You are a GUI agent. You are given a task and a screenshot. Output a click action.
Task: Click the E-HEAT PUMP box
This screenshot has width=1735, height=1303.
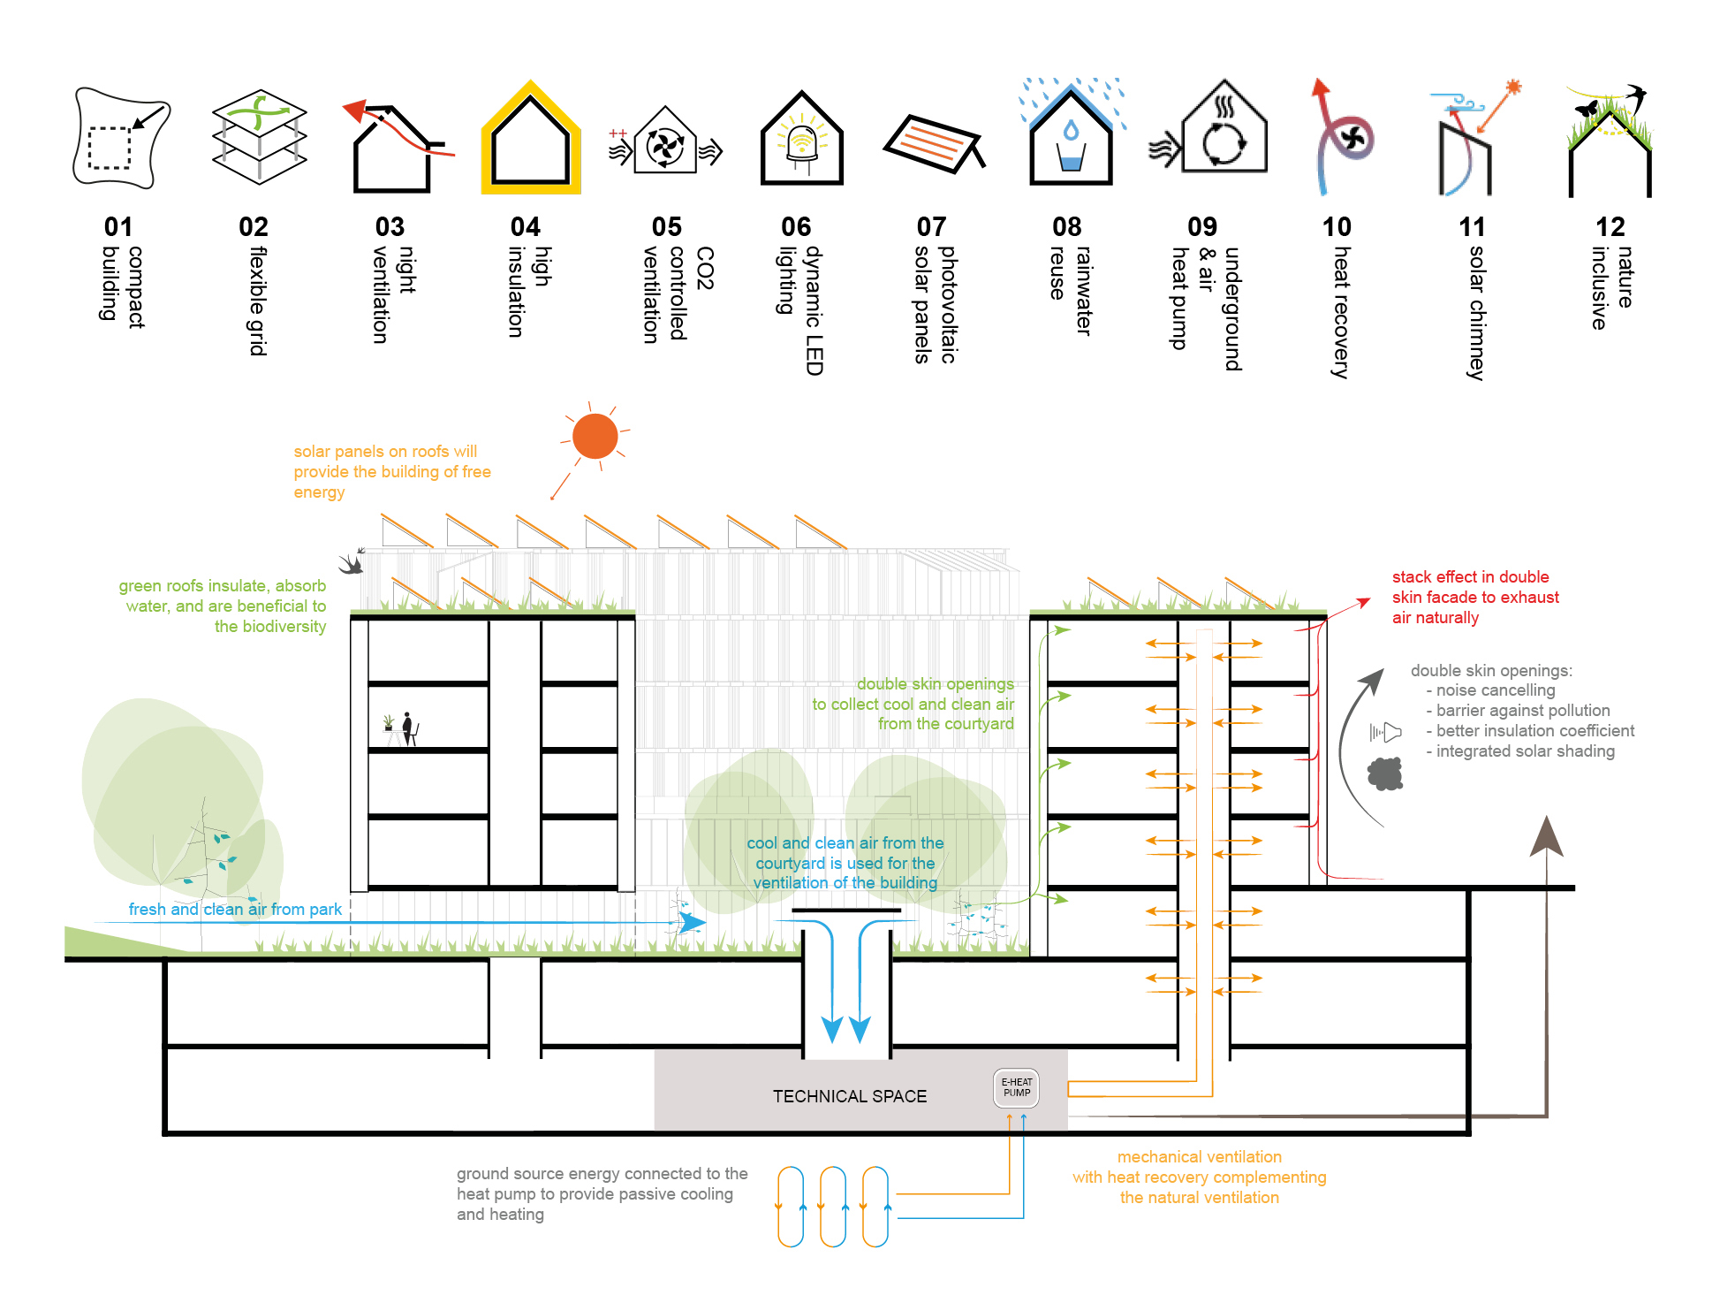pos(1016,1088)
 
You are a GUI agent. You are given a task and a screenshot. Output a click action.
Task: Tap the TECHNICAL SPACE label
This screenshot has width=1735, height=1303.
pos(849,1096)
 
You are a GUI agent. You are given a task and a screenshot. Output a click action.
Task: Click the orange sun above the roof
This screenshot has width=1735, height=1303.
pos(595,436)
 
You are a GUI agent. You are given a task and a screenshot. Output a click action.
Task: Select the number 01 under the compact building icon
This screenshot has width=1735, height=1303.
pos(118,227)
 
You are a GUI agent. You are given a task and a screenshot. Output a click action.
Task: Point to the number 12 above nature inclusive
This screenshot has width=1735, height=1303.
pos(1610,227)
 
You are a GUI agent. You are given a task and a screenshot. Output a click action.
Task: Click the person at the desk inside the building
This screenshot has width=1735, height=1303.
pos(407,728)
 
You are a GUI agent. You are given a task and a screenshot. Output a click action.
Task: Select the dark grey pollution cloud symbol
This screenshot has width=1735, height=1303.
pos(1385,774)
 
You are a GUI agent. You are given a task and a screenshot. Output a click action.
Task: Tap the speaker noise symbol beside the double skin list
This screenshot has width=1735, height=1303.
pos(1385,732)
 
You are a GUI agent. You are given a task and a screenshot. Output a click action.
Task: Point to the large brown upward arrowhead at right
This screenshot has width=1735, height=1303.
pos(1546,836)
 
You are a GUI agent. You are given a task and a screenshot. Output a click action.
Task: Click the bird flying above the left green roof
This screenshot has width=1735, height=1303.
pos(352,562)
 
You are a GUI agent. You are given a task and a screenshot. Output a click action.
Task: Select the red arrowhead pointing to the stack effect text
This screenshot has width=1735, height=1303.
pos(1363,603)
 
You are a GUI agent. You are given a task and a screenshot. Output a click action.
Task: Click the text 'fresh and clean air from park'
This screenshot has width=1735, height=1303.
pos(234,909)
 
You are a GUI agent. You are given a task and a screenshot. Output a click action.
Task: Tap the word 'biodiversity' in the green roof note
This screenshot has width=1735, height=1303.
pos(269,627)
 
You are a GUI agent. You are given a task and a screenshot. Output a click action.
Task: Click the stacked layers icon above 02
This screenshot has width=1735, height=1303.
pos(259,137)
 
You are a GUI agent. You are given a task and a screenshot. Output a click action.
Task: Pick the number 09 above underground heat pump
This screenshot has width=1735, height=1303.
pos(1201,227)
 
